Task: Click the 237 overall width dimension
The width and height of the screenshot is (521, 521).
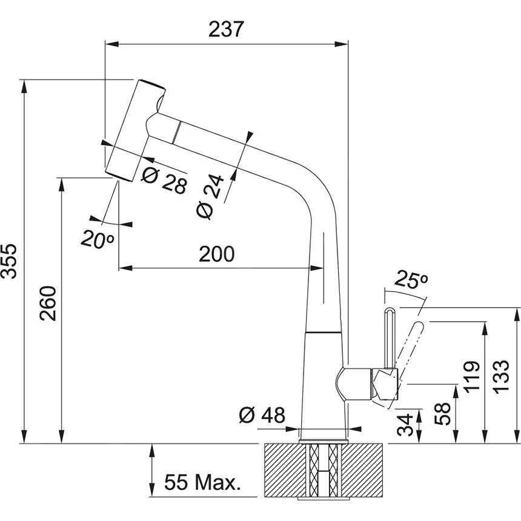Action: tap(227, 28)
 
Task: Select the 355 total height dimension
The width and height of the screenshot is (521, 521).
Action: tap(10, 262)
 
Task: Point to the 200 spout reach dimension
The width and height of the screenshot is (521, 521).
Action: tap(216, 254)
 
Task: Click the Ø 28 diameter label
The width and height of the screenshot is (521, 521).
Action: tap(164, 180)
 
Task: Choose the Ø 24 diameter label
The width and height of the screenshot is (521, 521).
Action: tap(211, 197)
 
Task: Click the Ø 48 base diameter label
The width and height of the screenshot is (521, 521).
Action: tap(262, 415)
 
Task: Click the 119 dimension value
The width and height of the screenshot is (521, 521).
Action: tap(473, 377)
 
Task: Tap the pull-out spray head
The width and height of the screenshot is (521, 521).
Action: tap(134, 128)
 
